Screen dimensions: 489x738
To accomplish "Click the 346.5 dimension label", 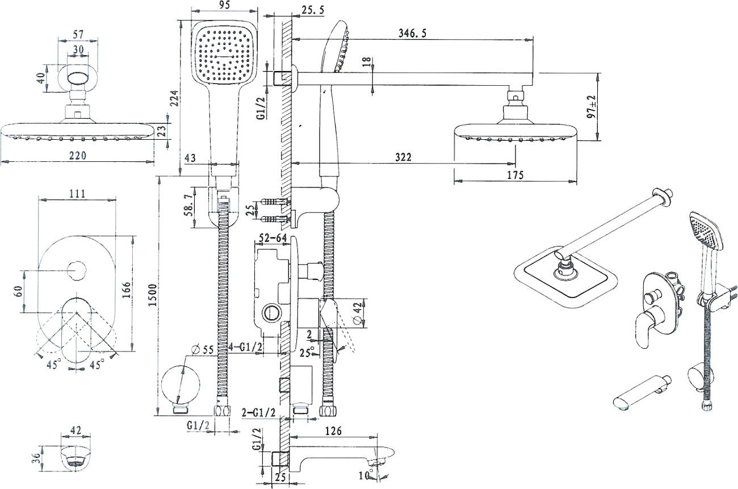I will coord(412,34).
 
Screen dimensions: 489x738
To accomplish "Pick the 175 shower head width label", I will coord(515,175).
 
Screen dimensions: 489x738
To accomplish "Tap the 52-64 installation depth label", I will coord(273,238).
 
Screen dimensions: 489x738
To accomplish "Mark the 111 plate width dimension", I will coord(77,194).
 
